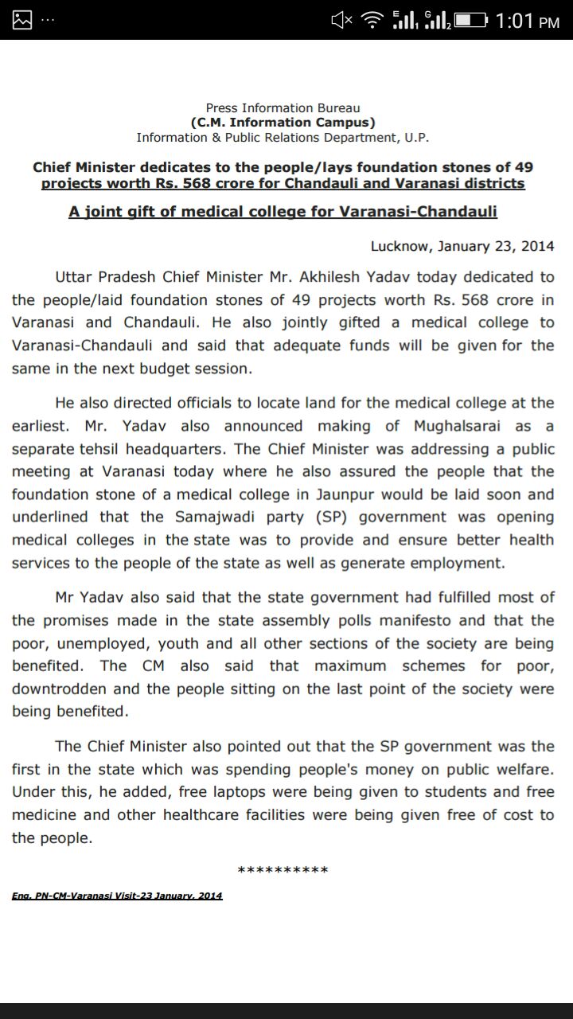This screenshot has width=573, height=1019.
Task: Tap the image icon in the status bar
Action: click(x=22, y=20)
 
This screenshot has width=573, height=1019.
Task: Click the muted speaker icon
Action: click(x=341, y=20)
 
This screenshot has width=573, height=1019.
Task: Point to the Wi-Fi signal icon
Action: click(x=372, y=20)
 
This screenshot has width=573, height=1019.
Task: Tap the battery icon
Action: click(x=469, y=20)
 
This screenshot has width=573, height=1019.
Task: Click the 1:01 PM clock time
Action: click(x=527, y=20)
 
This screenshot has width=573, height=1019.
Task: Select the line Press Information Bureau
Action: click(x=283, y=107)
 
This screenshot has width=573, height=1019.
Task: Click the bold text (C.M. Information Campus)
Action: click(x=283, y=123)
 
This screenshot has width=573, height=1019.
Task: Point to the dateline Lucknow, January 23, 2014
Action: click(x=462, y=246)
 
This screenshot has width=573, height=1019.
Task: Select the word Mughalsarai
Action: click(x=461, y=426)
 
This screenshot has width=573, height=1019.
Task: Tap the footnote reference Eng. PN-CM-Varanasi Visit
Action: click(x=117, y=896)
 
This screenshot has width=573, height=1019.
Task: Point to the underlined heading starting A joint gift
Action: click(x=283, y=213)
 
